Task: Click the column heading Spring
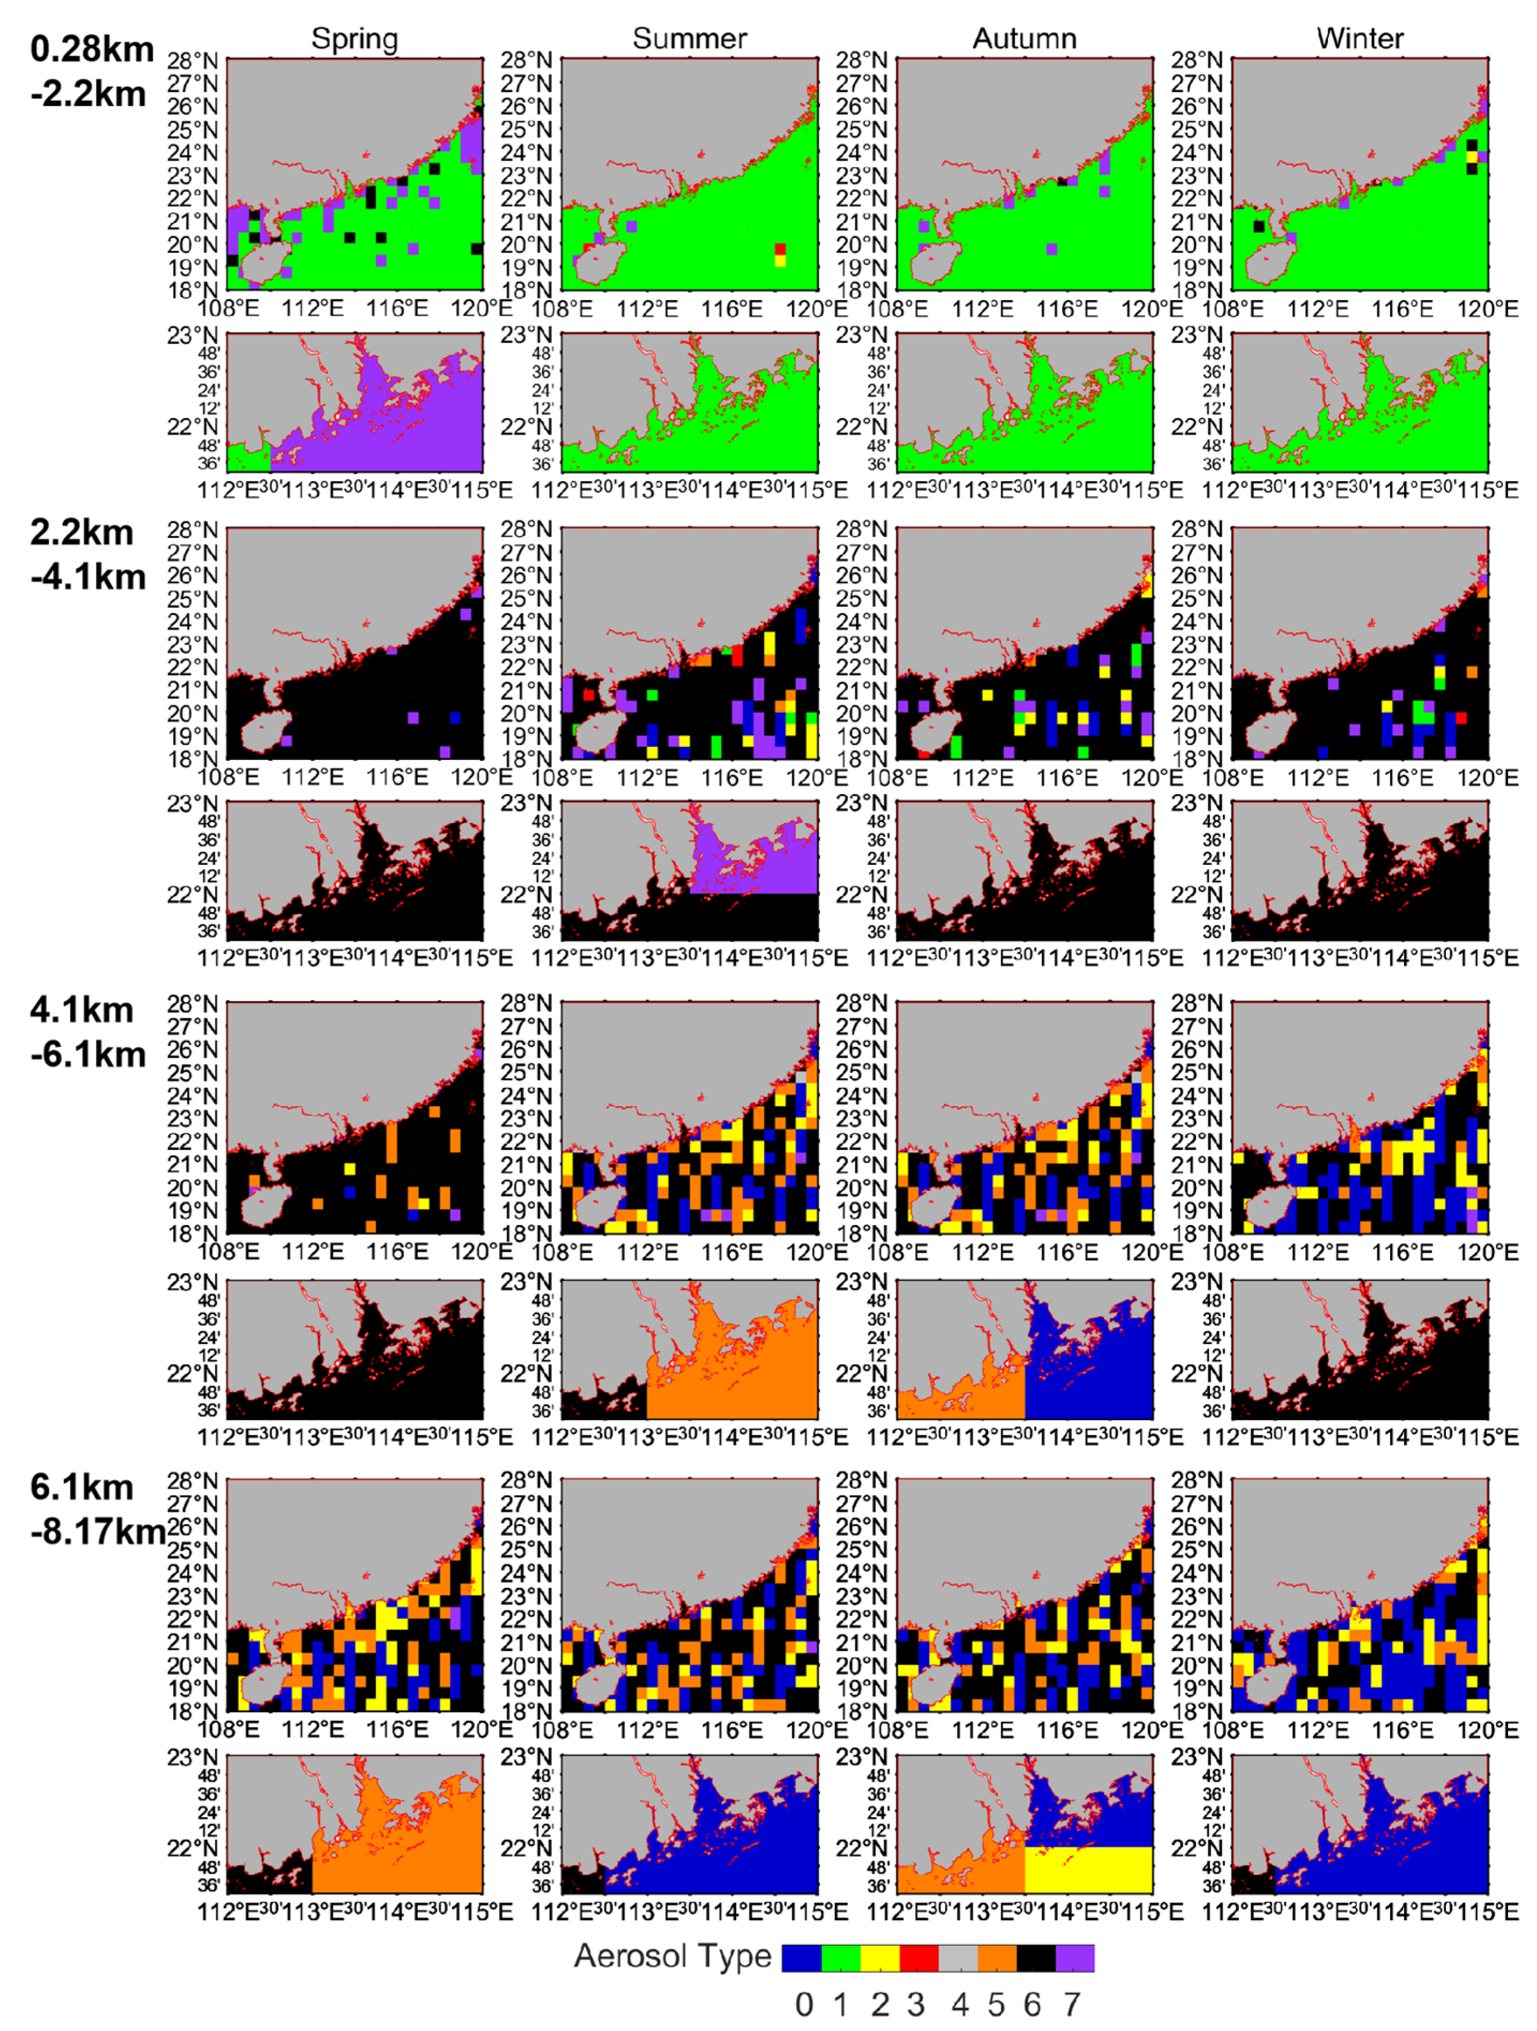coord(354,39)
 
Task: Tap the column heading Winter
coord(1359,39)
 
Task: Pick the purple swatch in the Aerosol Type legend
coord(1075,1958)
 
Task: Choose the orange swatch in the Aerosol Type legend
coord(996,1958)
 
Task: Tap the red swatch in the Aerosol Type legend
coord(918,1958)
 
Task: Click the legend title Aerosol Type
coord(672,1956)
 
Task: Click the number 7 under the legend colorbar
coord(1071,2004)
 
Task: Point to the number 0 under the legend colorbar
coord(803,2004)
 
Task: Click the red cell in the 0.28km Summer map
coord(780,249)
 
